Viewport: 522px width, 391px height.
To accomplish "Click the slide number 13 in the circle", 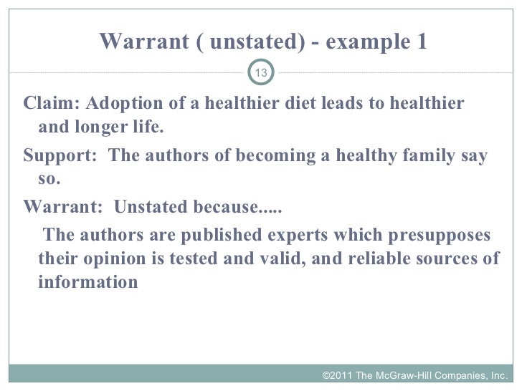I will coord(261,73).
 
